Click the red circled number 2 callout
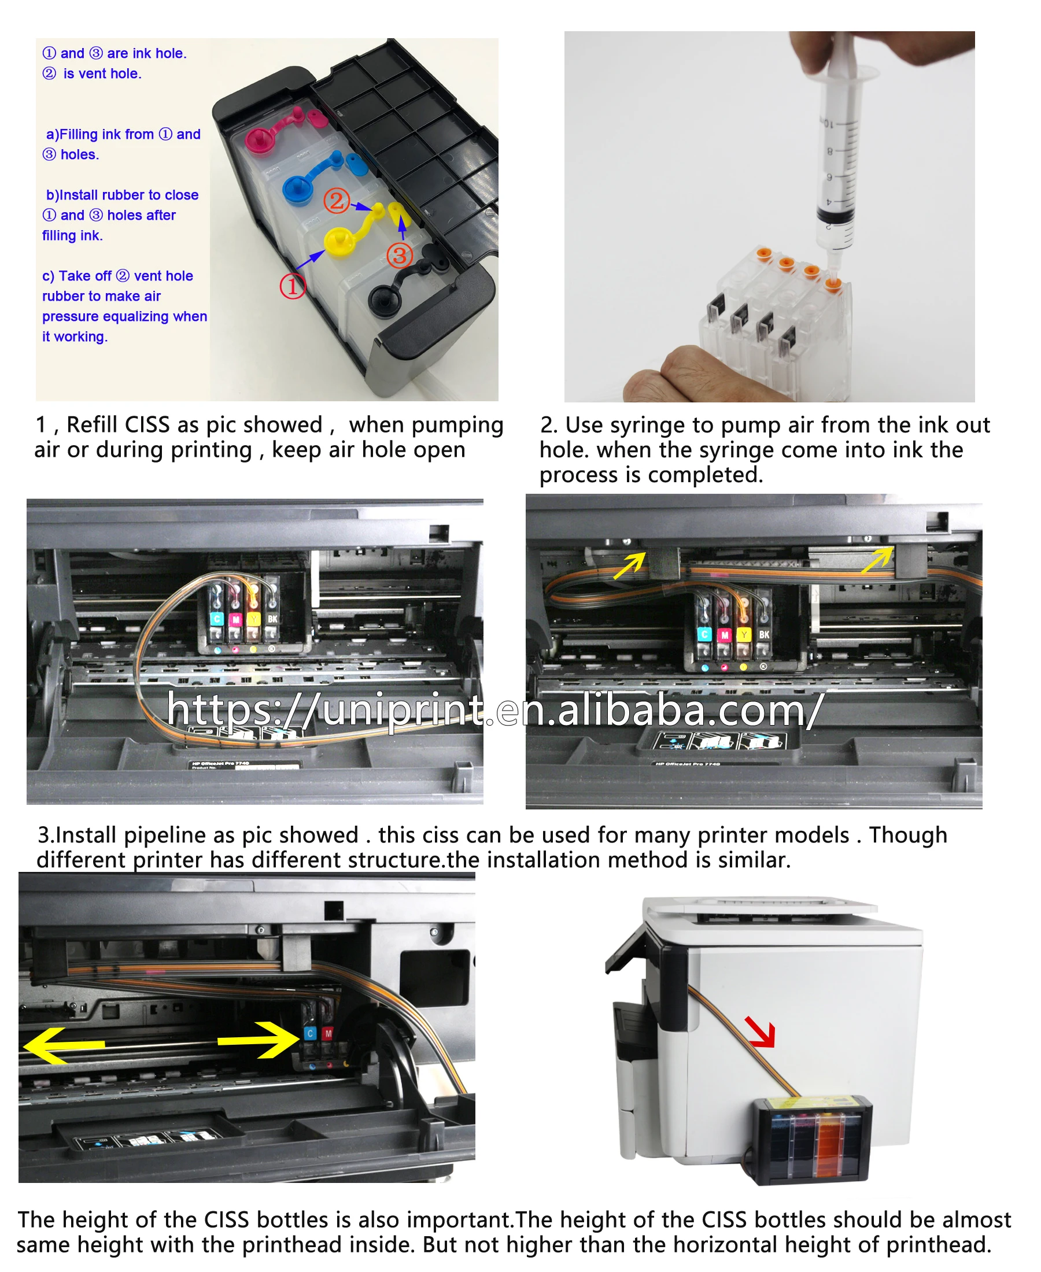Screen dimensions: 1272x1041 tap(337, 200)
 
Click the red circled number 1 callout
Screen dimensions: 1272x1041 tap(293, 286)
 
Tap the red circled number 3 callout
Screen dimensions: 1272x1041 tap(400, 256)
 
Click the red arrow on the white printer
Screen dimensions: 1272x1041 tap(762, 1031)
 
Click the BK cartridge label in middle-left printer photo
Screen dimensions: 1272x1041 tap(272, 619)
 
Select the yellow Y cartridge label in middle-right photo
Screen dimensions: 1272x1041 tap(744, 634)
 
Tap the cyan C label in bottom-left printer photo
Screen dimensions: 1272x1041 tap(310, 1033)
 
